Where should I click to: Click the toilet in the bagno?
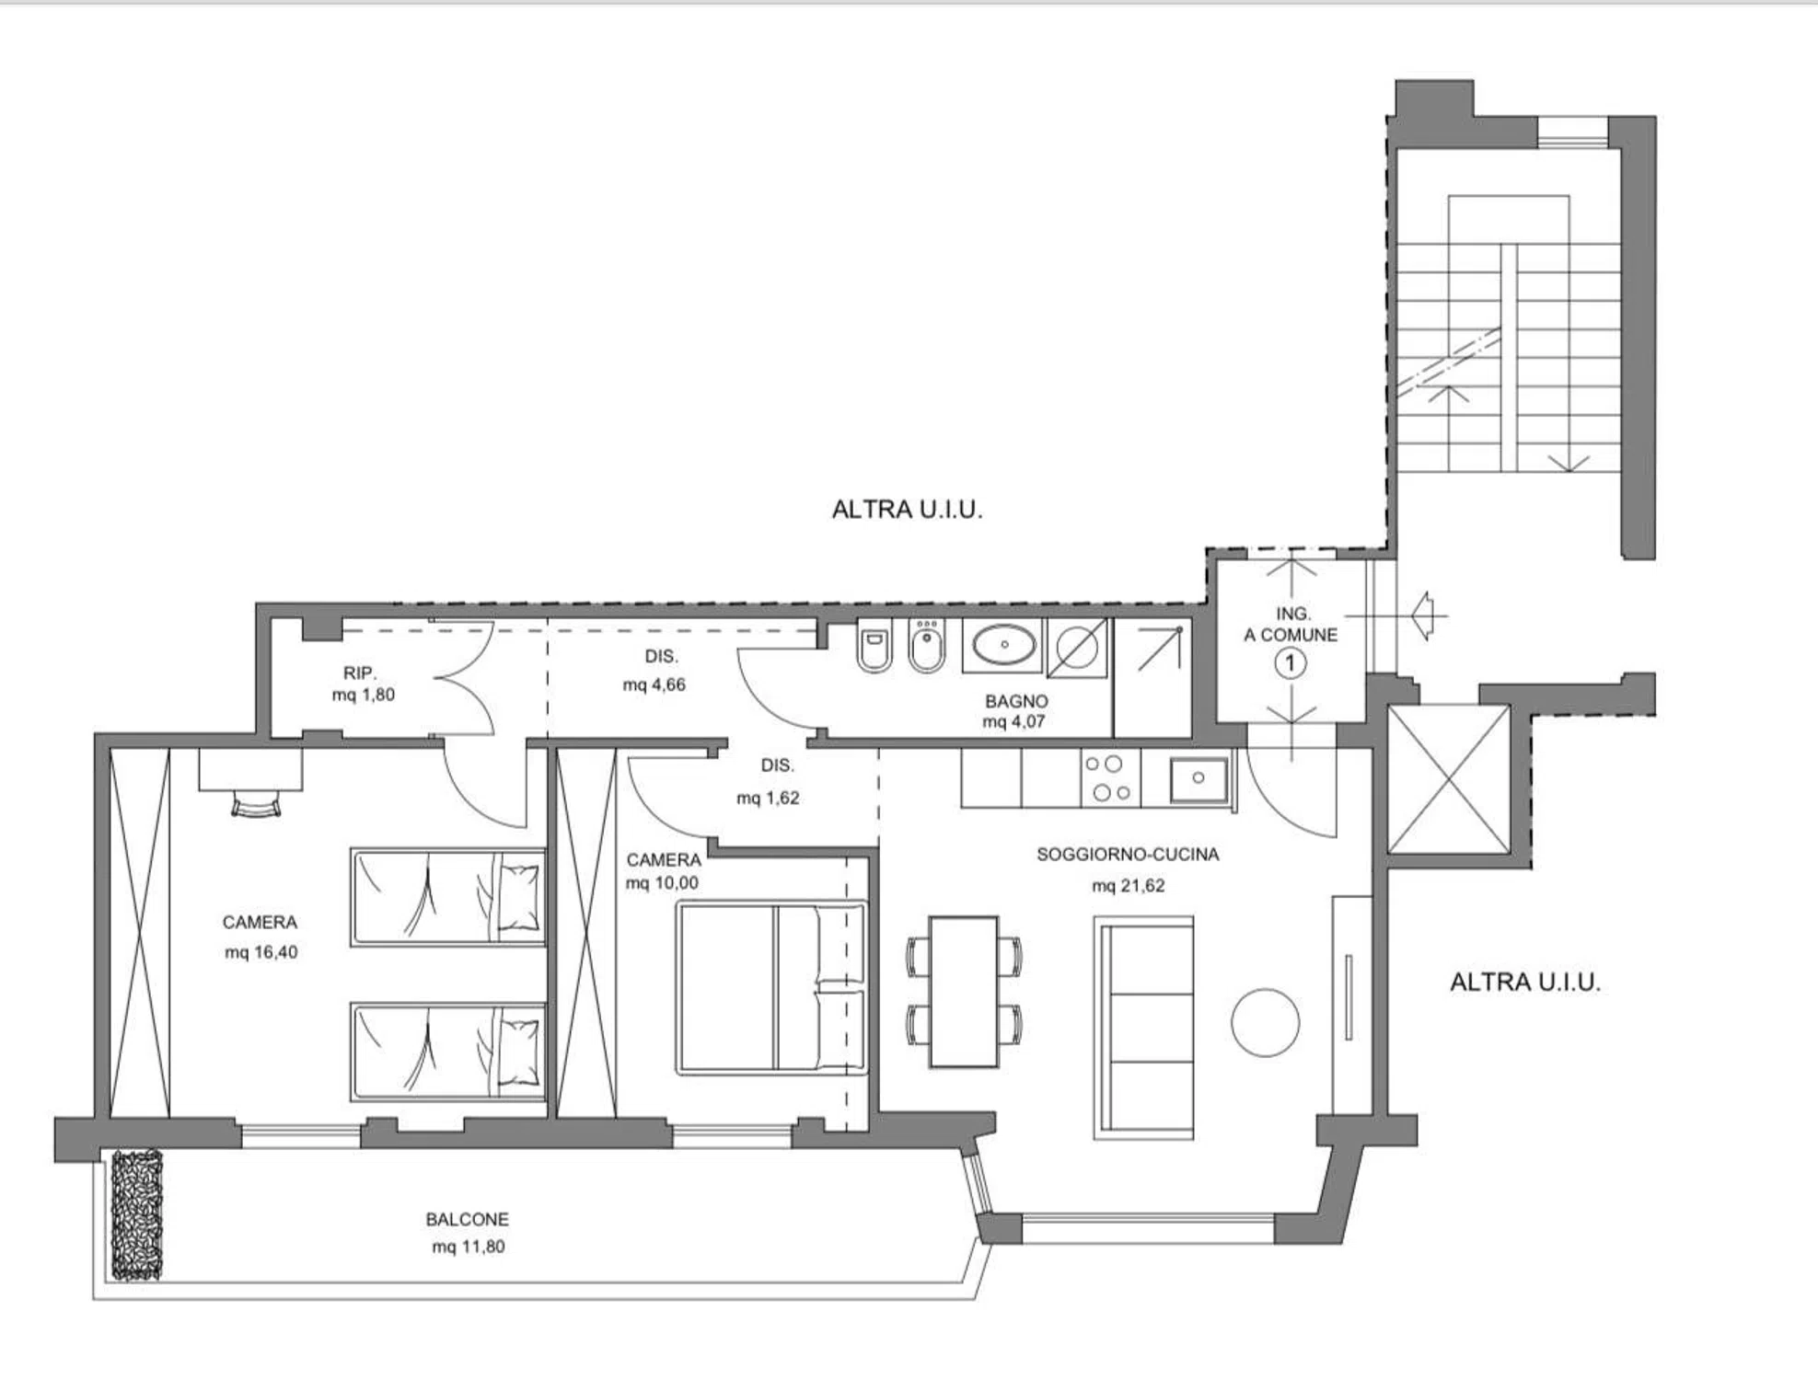tap(874, 647)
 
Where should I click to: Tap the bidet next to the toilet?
tap(926, 647)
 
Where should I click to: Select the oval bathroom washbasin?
tap(1003, 645)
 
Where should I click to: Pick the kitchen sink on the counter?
tap(1198, 779)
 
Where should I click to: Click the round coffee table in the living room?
tap(1266, 1022)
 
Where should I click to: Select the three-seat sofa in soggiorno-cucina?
tap(1144, 1028)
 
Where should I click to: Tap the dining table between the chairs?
tap(964, 991)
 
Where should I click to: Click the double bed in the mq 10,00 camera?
tap(771, 988)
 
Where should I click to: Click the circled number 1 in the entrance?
tap(1291, 662)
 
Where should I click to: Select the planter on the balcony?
tap(137, 1215)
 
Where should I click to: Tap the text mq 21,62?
tap(1129, 886)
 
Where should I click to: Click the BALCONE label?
tap(467, 1219)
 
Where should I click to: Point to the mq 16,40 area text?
tap(261, 952)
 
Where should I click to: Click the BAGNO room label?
tap(1016, 701)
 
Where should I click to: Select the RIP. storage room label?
tap(360, 673)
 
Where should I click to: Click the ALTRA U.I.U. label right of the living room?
tap(1525, 983)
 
